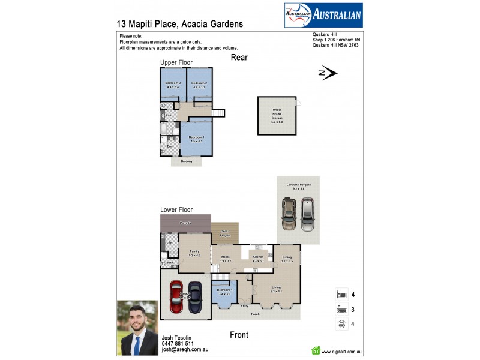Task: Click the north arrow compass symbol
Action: tap(329, 73)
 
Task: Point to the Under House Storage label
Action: tap(277, 114)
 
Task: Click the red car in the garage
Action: tap(176, 297)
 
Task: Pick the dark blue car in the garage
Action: tap(196, 297)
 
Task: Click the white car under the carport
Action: tap(308, 214)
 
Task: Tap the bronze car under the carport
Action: tap(289, 214)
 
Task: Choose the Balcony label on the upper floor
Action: tap(187, 161)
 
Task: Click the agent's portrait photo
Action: tap(137, 327)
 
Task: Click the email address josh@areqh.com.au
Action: tap(185, 350)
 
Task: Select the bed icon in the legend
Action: tap(341, 295)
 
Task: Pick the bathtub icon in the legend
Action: tap(341, 310)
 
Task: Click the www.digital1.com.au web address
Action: tap(344, 352)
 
